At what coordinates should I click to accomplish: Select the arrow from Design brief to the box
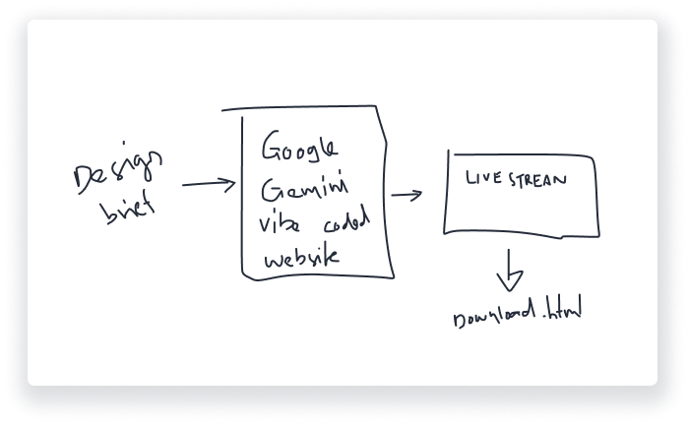coord(208,184)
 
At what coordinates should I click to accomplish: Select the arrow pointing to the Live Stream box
coord(406,194)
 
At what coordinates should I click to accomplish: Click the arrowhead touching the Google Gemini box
coord(231,183)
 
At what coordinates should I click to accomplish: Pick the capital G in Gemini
coord(269,188)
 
